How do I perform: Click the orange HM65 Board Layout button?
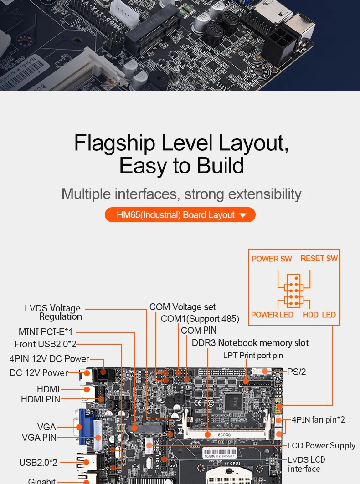point(180,215)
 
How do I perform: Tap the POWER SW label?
point(272,259)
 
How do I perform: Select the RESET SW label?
point(319,258)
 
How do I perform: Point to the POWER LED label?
point(272,315)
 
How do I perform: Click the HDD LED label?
point(319,315)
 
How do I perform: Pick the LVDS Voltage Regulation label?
point(53,312)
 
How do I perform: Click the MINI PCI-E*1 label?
point(46,332)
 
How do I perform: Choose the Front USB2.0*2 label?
point(45,344)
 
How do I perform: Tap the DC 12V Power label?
point(39,373)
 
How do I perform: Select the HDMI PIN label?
point(41,399)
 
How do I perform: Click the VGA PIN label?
point(39,438)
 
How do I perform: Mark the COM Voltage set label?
point(182,307)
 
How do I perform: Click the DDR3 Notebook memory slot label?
point(250,343)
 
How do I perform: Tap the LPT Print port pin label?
point(253,356)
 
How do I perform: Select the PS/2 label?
point(296,372)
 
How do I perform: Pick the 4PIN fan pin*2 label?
point(318,419)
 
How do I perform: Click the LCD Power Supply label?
point(321,446)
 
